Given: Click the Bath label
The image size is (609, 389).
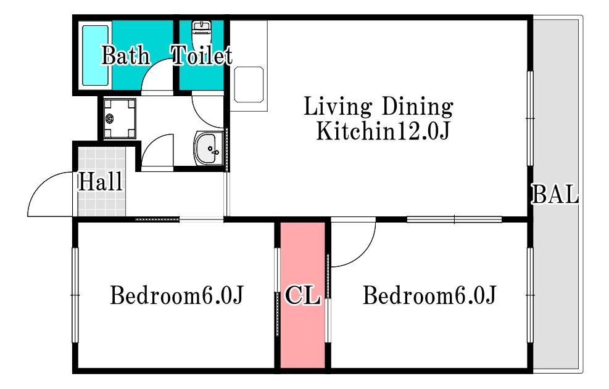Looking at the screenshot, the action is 125,55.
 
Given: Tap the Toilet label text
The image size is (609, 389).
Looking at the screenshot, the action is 202,55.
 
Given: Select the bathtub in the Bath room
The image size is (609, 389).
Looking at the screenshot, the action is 95,55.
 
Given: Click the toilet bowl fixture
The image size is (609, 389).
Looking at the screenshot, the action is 201,33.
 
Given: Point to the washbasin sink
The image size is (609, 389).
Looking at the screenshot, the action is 208,148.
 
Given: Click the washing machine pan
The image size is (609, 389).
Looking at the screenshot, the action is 120,118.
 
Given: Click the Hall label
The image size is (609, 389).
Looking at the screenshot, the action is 101,181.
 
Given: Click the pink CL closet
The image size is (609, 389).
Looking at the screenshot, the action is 302,295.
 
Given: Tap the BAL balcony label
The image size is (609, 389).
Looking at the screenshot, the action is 555,194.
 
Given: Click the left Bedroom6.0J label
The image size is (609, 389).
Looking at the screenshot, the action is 176,295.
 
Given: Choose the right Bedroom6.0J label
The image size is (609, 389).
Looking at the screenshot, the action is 429,295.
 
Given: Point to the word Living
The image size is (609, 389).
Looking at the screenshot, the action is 338,107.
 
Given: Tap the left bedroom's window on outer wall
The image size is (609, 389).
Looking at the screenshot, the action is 75,295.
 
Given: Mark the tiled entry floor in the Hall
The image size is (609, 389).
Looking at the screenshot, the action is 102,181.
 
